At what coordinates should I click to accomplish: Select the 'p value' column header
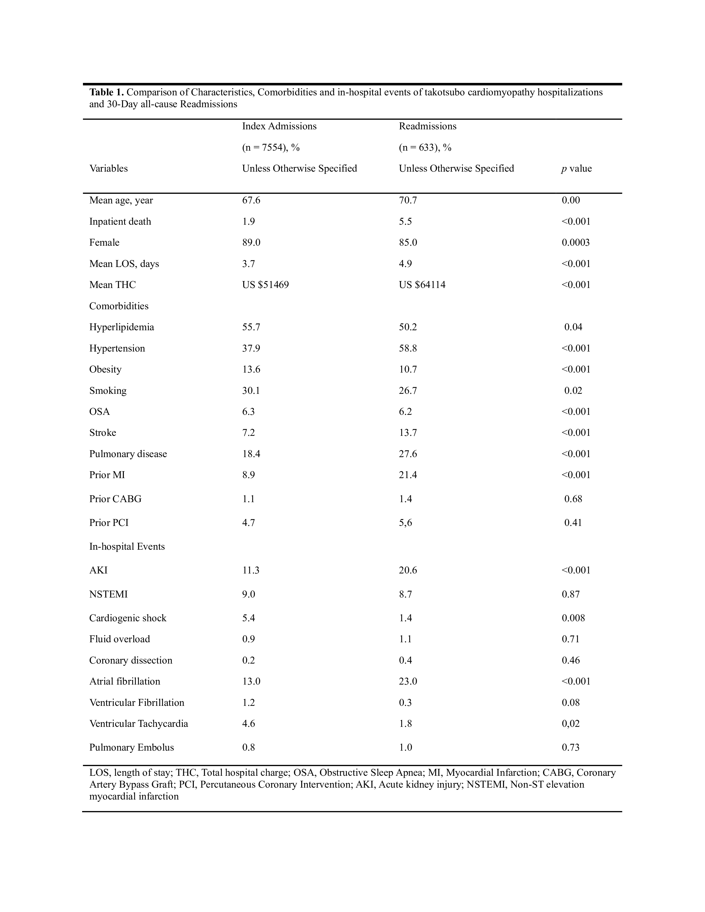[576, 169]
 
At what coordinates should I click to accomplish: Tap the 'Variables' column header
[109, 169]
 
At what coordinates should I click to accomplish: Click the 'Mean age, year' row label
[121, 200]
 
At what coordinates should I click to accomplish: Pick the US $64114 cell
[422, 285]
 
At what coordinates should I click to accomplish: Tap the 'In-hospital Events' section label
[127, 547]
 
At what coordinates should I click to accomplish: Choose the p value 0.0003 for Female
[576, 243]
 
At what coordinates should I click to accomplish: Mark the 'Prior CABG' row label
[115, 499]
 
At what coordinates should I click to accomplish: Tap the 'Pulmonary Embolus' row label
[132, 748]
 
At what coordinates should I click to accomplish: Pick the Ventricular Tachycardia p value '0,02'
[571, 724]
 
